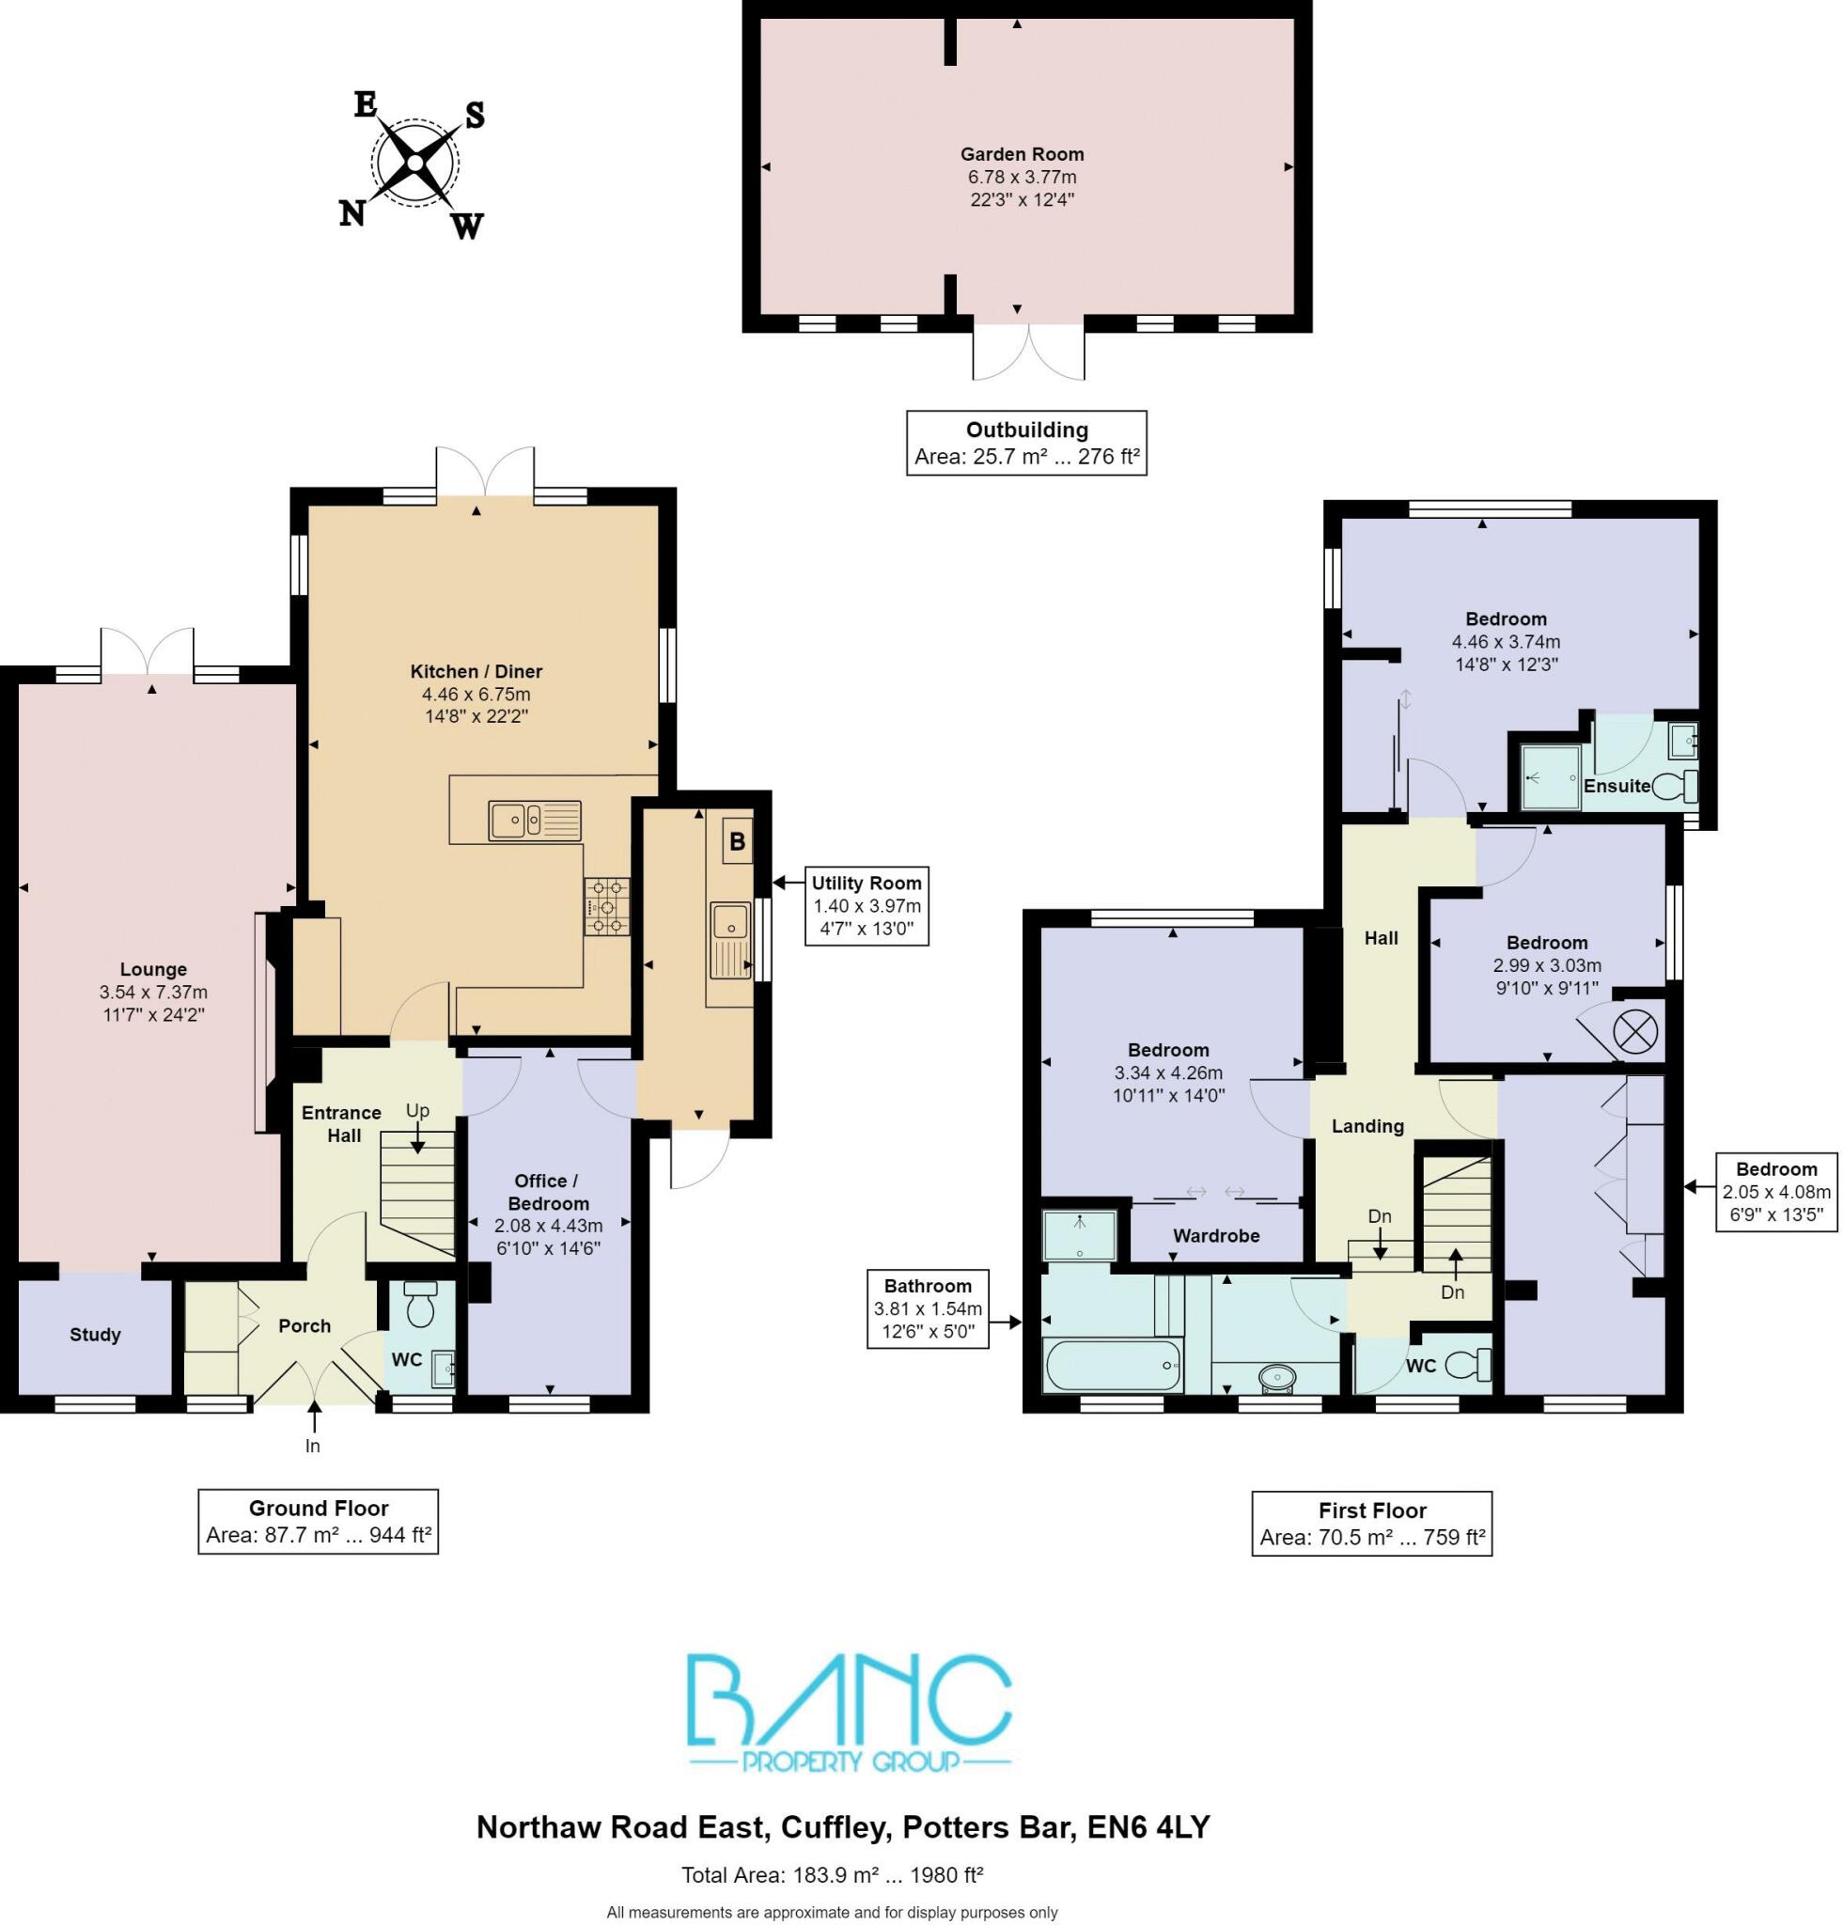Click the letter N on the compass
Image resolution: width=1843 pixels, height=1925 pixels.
[351, 213]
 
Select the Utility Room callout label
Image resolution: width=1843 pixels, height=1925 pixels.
[865, 904]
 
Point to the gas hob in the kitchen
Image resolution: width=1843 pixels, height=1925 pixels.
[606, 905]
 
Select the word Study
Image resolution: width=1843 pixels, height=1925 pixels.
[95, 1335]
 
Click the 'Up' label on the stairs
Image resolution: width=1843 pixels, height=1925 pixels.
[417, 1111]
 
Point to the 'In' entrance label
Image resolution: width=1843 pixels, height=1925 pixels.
[312, 1446]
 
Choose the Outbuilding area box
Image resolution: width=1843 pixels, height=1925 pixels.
[1026, 443]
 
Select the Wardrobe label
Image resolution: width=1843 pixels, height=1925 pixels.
[1215, 1235]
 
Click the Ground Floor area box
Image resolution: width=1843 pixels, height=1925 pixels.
[318, 1522]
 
